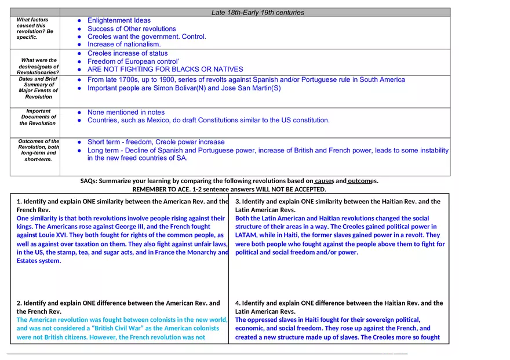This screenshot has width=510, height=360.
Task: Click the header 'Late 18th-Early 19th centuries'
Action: [257, 12]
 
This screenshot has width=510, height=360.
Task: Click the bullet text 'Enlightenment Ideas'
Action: [119, 21]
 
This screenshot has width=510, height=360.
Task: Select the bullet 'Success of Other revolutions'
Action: [132, 29]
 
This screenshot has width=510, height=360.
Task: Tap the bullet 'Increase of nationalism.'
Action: [124, 44]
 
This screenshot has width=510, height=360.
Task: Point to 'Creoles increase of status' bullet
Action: [128, 53]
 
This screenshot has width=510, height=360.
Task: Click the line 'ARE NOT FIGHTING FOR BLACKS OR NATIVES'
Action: [165, 70]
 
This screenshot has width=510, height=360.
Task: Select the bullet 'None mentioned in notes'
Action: [126, 112]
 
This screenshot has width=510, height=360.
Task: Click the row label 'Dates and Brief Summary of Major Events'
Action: [38, 88]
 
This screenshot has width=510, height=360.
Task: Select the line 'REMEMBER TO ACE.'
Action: [229, 190]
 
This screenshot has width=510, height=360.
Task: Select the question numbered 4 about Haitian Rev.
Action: [338, 307]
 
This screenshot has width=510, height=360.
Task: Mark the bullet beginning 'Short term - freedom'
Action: [156, 142]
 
